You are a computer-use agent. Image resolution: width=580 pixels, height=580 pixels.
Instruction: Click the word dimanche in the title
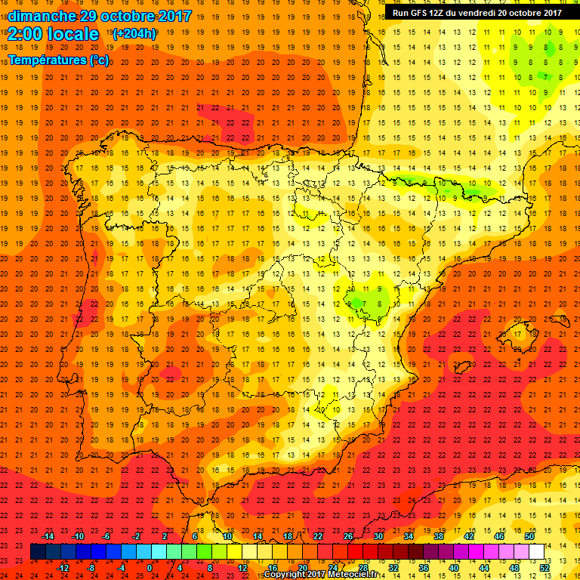point(42,15)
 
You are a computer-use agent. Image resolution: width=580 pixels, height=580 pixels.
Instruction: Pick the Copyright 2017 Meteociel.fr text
point(320,575)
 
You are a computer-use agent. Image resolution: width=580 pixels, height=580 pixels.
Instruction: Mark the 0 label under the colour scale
point(150,568)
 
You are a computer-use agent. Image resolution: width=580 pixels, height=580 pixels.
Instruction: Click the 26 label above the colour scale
point(348,535)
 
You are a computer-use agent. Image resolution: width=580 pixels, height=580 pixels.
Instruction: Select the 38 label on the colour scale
point(438,535)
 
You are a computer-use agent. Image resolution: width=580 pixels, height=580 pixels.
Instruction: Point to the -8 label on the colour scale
point(91,568)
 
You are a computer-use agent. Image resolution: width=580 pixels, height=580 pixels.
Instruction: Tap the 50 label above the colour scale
point(529,535)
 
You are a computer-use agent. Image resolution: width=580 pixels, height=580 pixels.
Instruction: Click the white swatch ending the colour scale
point(536,552)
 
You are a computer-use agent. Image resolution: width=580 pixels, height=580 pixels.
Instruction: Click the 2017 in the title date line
point(173,15)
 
